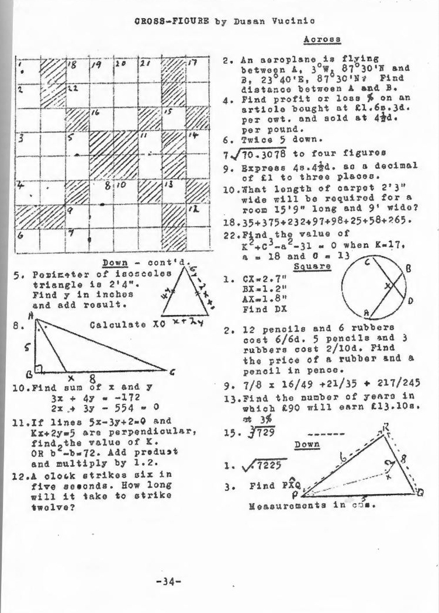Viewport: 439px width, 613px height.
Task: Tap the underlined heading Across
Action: tap(322, 39)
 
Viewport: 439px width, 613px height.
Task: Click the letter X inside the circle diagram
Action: tap(388, 286)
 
